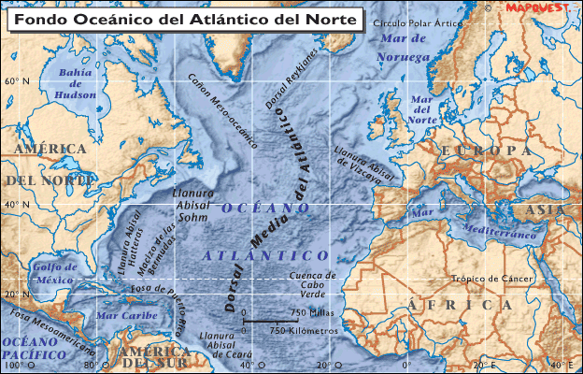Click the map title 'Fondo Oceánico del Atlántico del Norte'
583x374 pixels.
(183, 19)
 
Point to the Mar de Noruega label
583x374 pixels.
(403, 48)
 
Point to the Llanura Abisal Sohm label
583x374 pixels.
(193, 205)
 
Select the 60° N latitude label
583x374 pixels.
(17, 81)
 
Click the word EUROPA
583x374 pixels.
(486, 151)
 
